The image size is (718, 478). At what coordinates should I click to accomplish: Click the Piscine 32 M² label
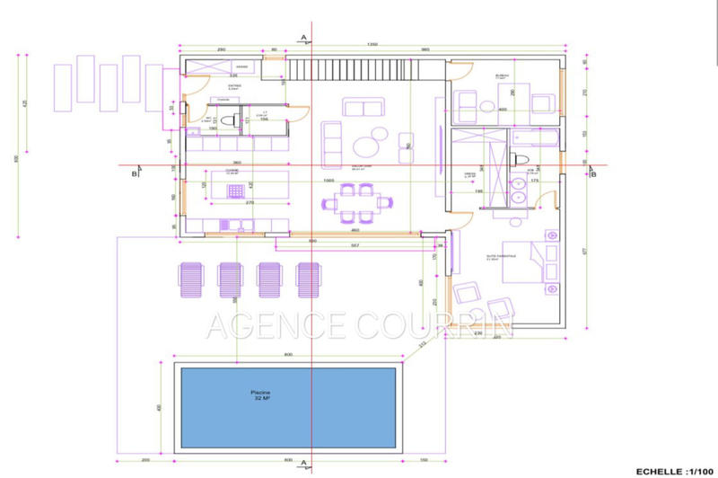coord(263,396)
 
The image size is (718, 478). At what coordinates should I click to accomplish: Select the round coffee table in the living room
coord(367,145)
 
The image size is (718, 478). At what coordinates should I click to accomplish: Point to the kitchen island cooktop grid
coord(236,192)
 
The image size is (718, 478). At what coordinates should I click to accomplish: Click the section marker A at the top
coord(304,37)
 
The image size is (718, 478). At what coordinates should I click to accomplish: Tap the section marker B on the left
coord(134,174)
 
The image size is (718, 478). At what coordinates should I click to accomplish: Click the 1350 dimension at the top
coord(370,43)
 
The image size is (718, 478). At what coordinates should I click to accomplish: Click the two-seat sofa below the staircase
coord(361,109)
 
